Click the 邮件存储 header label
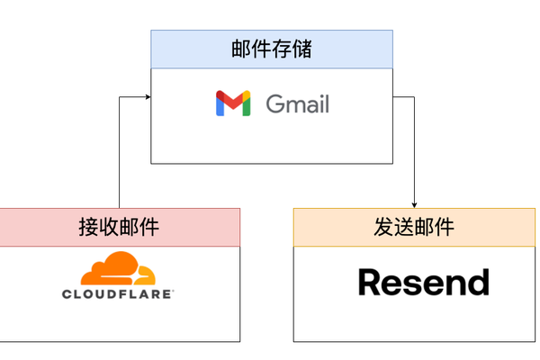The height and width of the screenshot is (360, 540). point(272,49)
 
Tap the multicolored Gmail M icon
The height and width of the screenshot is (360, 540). point(233,103)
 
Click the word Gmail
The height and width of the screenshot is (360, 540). point(298,103)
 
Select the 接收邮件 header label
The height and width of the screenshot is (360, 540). point(120,227)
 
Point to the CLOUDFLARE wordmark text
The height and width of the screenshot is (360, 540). point(118,293)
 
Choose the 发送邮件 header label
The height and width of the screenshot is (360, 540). point(414,227)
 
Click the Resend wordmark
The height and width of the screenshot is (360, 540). point(423,282)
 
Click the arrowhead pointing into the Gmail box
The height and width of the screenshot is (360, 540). point(146,94)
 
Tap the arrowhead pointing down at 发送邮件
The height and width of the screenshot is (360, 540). point(415,203)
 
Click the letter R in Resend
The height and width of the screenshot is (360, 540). point(370,282)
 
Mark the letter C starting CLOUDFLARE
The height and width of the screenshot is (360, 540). point(67,293)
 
